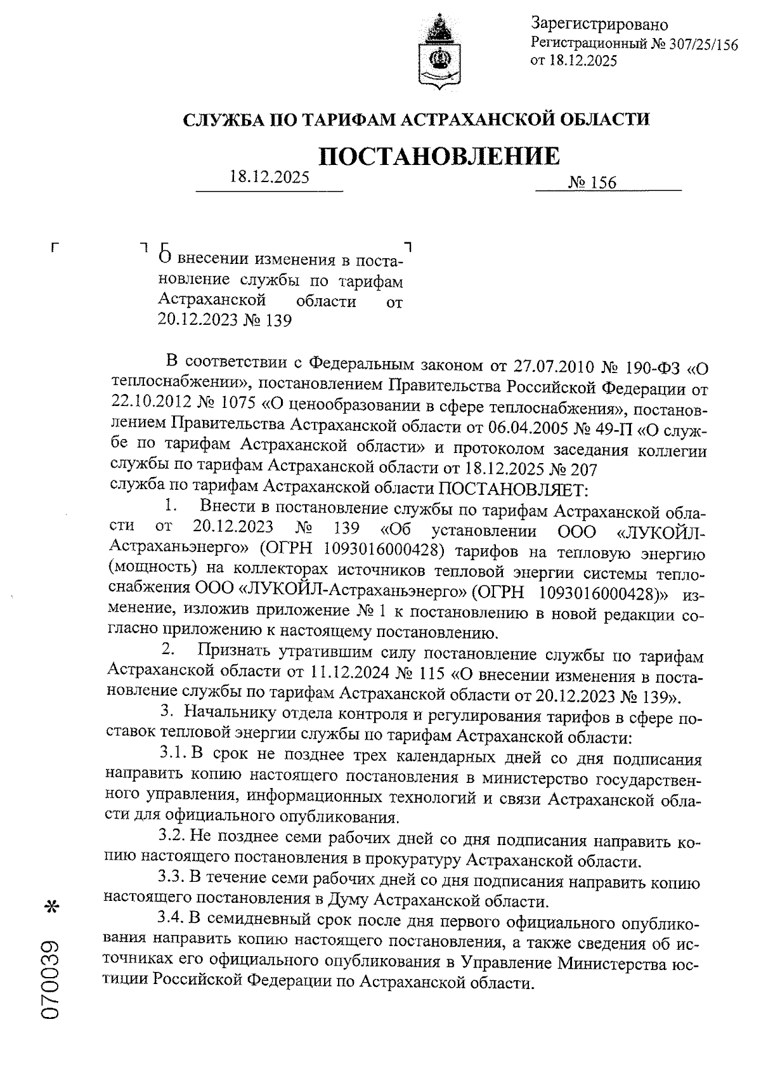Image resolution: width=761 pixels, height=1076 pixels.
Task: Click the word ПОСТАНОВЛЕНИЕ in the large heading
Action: pyautogui.click(x=439, y=156)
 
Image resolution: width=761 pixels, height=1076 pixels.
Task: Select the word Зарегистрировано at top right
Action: pyautogui.click(x=599, y=25)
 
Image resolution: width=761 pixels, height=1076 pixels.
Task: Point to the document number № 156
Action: pyautogui.click(x=592, y=183)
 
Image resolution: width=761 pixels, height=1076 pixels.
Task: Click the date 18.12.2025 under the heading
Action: pyautogui.click(x=269, y=177)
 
